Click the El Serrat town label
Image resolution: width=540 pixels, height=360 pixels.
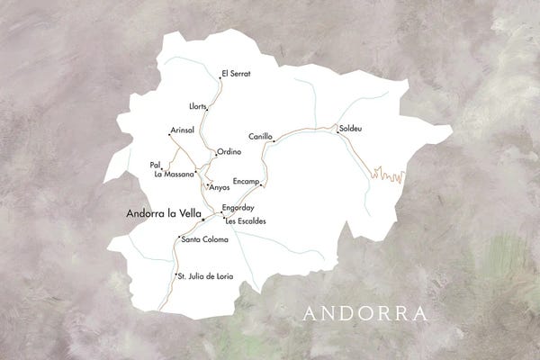(237, 72)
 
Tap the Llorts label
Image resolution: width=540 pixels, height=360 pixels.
(198, 106)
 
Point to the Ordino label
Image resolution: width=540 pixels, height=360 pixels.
(229, 152)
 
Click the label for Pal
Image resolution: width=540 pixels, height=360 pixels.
(155, 165)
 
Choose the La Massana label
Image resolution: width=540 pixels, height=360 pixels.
(174, 174)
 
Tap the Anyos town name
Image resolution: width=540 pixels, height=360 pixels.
(220, 187)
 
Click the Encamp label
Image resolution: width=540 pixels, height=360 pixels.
(245, 182)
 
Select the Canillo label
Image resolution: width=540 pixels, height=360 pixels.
(260, 137)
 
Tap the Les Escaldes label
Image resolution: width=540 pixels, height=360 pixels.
(246, 220)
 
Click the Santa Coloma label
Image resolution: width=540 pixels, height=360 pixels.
(204, 240)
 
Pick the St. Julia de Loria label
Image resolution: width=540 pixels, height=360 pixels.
(206, 276)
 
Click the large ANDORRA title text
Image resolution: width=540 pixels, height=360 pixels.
(364, 314)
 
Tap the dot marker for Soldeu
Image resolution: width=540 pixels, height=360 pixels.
(337, 133)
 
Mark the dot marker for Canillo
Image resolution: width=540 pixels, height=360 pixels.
(274, 141)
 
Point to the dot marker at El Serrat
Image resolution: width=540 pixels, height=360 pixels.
(220, 77)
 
